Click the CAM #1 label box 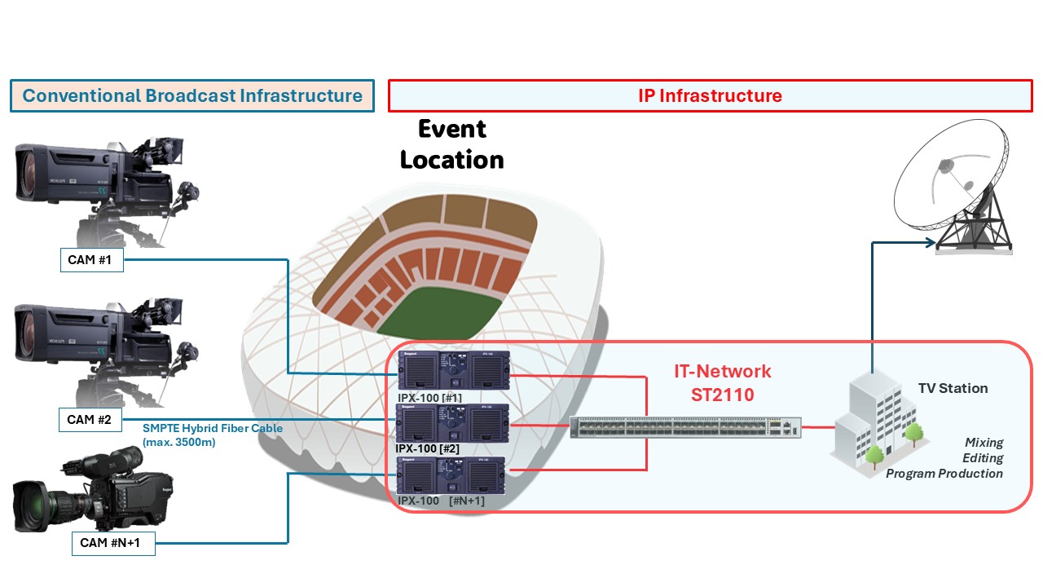pyautogui.click(x=91, y=260)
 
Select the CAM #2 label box pyautogui.click(x=91, y=420)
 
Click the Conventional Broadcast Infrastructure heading pyautogui.click(x=192, y=95)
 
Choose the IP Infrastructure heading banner pyautogui.click(x=709, y=95)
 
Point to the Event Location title pyautogui.click(x=452, y=144)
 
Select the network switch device pyautogui.click(x=685, y=428)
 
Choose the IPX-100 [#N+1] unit pyautogui.click(x=451, y=476)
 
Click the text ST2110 pyautogui.click(x=722, y=395)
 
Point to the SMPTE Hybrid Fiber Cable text pyautogui.click(x=213, y=428)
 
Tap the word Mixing pyautogui.click(x=984, y=443)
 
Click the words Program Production pyautogui.click(x=944, y=474)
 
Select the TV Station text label pyautogui.click(x=953, y=388)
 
